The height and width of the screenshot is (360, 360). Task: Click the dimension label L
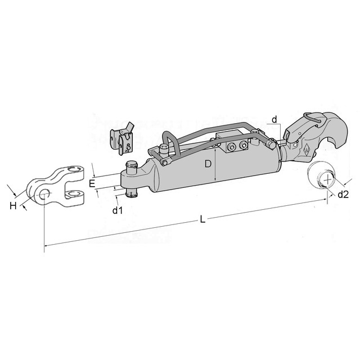(x=202, y=219)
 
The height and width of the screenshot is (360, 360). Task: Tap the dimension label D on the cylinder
(x=208, y=164)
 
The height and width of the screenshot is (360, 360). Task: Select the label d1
(x=118, y=210)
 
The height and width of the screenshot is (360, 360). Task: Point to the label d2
(x=343, y=195)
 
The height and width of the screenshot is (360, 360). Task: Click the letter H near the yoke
(x=13, y=206)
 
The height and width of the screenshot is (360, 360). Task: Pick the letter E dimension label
(x=92, y=184)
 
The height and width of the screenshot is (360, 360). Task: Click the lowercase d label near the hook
(x=274, y=120)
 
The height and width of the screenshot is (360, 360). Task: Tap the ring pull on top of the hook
(x=313, y=118)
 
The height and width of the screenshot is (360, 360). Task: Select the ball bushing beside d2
(x=321, y=175)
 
